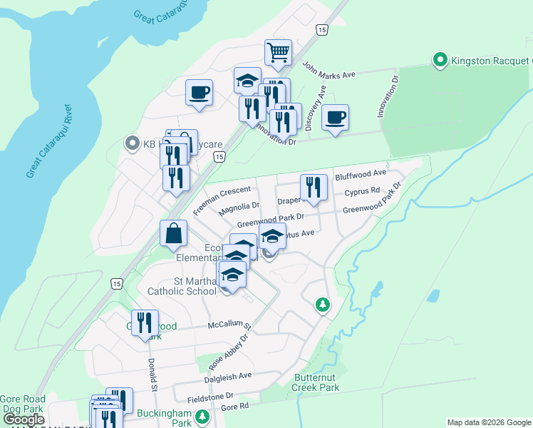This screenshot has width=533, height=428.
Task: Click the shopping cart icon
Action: point(278,51)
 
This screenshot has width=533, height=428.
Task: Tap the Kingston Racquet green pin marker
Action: point(440,60)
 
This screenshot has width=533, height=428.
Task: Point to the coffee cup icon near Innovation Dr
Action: point(334,118)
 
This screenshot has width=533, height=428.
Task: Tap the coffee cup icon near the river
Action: point(199,91)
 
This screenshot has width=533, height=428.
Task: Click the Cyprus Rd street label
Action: point(362,193)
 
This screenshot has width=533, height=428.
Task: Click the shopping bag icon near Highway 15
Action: point(174,233)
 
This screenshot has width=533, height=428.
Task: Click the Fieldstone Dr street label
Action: point(210,395)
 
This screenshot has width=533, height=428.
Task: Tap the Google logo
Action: point(23,419)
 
